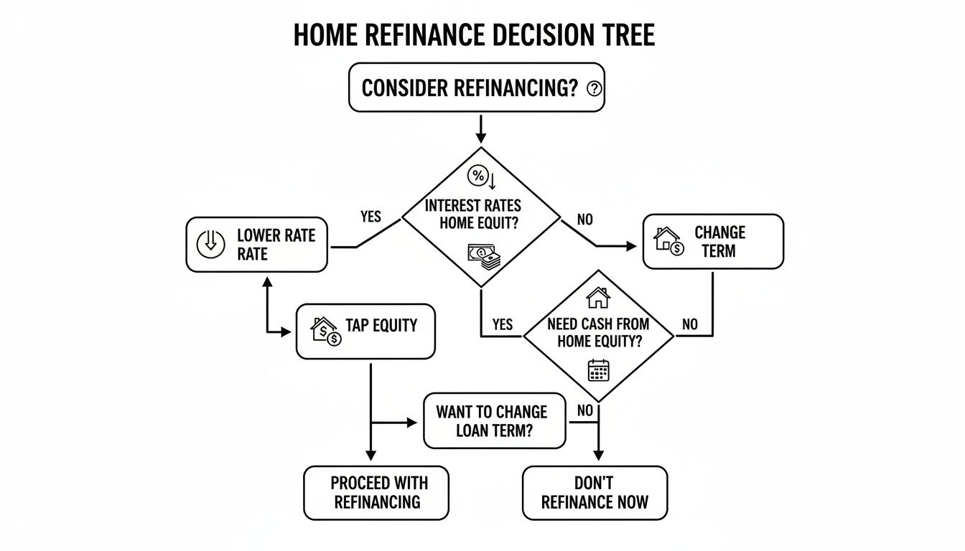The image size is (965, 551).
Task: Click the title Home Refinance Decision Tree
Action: coord(474,34)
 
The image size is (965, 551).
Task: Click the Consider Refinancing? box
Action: coord(476,88)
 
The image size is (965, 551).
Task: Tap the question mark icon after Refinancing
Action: coord(594,88)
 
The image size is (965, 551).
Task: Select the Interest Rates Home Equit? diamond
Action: coord(480,215)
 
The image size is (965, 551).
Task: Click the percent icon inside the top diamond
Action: coord(477,176)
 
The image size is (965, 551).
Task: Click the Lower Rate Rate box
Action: coord(256,245)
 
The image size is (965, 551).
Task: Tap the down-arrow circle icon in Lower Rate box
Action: coord(210,245)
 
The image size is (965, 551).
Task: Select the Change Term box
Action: coord(712,241)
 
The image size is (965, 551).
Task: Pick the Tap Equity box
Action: coord(365,331)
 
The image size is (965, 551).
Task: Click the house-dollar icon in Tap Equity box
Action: coord(325,331)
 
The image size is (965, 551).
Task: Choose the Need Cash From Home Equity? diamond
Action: coord(597,334)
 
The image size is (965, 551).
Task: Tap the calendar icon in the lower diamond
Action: coord(598,370)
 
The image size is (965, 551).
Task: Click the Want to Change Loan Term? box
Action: coord(494,421)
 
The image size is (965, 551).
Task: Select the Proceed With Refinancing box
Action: coord(376,492)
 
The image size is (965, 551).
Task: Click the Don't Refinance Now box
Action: coord(595,492)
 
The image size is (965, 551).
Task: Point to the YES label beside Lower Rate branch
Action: coord(370,216)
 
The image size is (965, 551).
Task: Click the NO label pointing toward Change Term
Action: coord(585,220)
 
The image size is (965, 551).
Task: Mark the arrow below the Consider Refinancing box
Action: coord(480,129)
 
